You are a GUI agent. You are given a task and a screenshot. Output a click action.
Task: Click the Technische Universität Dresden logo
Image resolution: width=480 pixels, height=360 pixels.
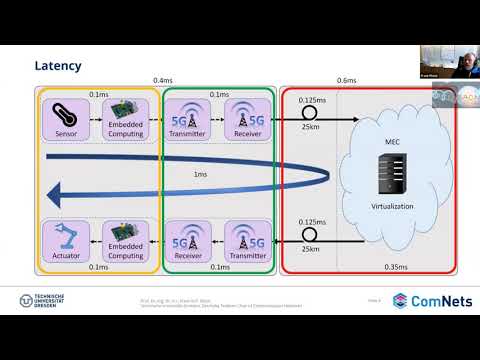tap(43, 301)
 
